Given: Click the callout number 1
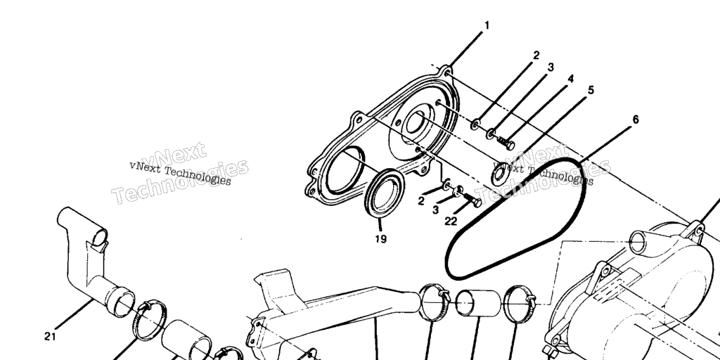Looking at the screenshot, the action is pos(487,25).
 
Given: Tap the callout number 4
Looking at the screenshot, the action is pos(570,79).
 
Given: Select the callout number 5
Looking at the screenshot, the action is pos(591,90).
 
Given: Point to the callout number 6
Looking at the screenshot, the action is pos(636,120).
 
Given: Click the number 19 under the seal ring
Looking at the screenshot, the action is pos(380,239).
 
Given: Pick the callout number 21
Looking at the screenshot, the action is pos(50,337).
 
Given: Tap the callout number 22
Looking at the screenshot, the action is pos(451,221).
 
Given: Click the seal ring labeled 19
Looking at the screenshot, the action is pos(385,193).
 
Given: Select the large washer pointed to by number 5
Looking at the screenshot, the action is pos(501,174).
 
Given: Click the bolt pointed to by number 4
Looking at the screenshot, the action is pos(506,143).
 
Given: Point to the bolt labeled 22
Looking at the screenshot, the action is pos(472,199).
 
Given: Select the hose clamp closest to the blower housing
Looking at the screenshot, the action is pos(520,304).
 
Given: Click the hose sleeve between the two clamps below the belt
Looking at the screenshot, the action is pos(478,303).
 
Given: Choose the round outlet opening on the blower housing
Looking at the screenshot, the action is pos(638,242).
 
